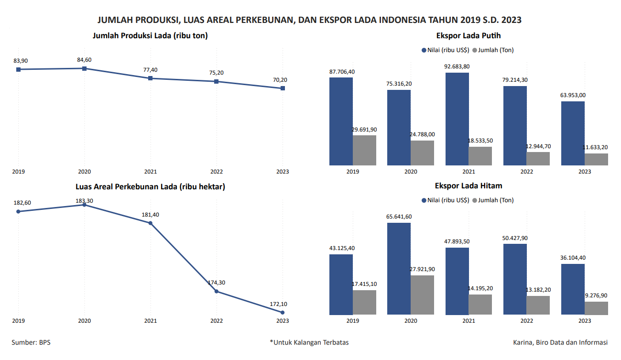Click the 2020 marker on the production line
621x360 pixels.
(85, 68)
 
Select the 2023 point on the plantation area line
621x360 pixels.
(283, 312)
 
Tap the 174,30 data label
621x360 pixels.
(217, 283)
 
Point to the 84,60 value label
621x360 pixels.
(84, 60)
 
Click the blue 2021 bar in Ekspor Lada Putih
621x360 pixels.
(457, 119)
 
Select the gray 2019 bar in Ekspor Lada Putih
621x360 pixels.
(364, 150)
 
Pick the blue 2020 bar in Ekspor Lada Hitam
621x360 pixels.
(399, 269)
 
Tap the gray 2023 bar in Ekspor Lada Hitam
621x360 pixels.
(596, 308)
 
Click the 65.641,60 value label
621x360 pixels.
(399, 217)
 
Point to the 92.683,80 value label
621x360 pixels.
(457, 66)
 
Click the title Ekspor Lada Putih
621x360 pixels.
(468, 35)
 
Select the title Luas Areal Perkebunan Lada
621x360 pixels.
(150, 187)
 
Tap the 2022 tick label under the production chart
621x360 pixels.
(217, 172)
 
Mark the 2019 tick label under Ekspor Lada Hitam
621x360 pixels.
(352, 321)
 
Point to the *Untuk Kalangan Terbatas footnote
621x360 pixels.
(309, 342)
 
